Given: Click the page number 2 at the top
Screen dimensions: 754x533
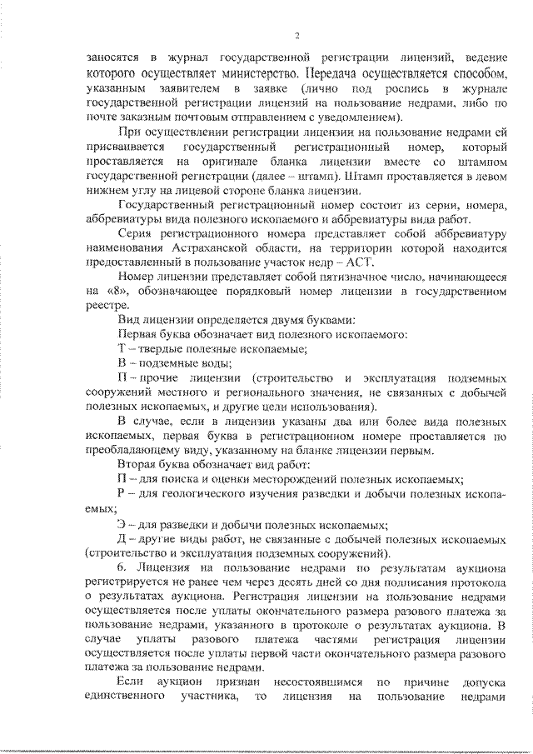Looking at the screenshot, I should click(x=296, y=34).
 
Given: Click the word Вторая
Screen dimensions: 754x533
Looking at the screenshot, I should click(x=137, y=464).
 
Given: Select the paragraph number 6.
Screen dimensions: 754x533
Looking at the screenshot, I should click(x=122, y=567).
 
